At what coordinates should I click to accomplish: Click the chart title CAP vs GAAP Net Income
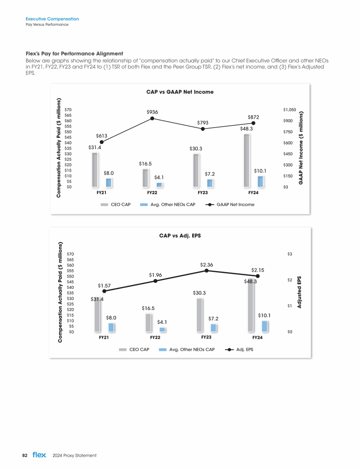tap(180, 92)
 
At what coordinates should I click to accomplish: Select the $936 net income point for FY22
tap(152, 119)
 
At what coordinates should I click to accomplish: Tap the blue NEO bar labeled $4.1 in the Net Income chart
tap(159, 185)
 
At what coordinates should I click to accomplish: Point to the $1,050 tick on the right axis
tap(290, 109)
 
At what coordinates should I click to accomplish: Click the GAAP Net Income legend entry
tap(230, 204)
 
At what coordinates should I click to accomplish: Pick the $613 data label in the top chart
tap(102, 136)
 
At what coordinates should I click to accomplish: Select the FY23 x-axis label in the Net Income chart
tap(202, 193)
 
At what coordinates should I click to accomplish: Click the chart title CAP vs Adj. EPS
tap(180, 236)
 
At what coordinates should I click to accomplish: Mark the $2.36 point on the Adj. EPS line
tap(206, 271)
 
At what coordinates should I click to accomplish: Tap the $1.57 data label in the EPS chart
tap(105, 285)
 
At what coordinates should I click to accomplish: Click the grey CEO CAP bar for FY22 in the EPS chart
tap(149, 323)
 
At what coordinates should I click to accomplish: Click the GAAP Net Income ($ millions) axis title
tap(300, 147)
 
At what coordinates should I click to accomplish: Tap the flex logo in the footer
tap(39, 455)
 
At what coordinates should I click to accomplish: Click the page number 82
tap(25, 455)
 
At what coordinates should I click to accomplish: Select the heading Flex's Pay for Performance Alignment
tap(74, 53)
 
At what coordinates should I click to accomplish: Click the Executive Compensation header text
tap(52, 19)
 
